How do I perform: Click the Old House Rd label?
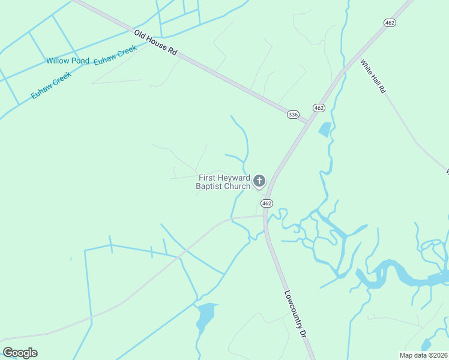[155, 43]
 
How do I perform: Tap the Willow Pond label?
[68, 61]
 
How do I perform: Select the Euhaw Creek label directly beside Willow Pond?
[115, 56]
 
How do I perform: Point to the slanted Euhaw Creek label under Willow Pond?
[52, 85]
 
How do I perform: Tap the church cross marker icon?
[259, 181]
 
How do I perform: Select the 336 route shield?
[292, 115]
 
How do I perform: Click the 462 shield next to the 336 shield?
[319, 108]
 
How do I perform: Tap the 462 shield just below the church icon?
[267, 203]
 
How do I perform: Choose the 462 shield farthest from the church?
[390, 22]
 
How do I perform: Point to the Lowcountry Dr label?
[295, 314]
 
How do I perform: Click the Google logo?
[20, 353]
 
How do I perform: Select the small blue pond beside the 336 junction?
[325, 129]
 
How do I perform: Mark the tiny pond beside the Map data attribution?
[426, 344]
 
